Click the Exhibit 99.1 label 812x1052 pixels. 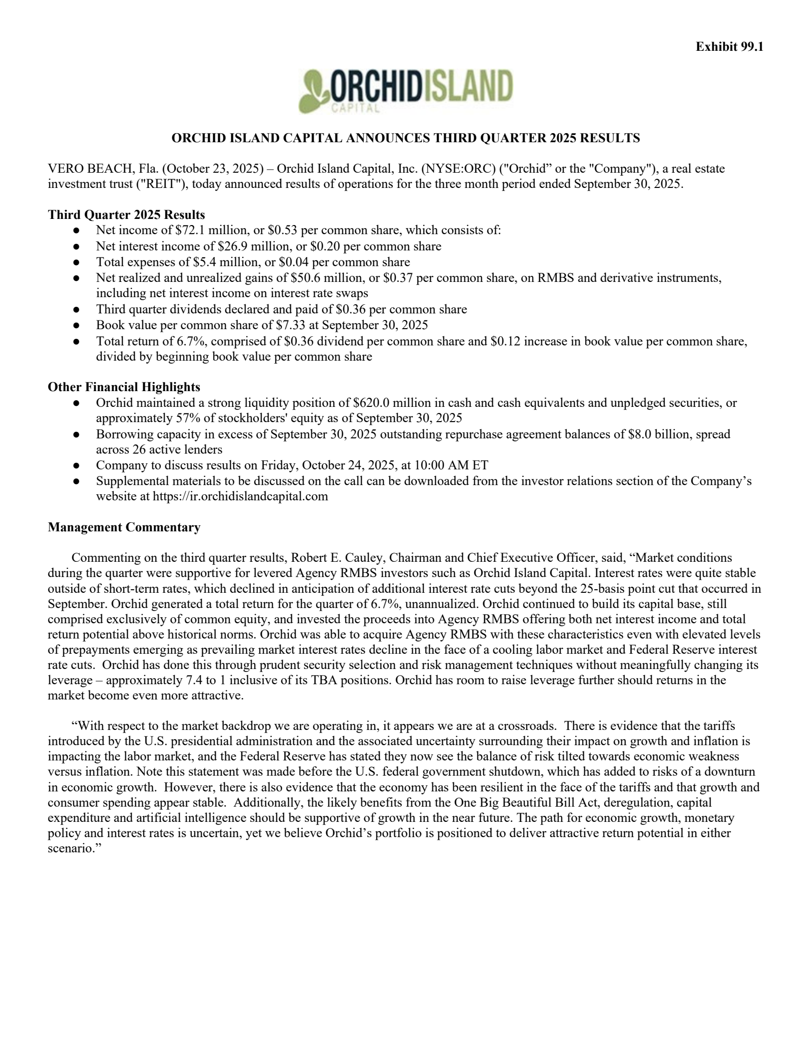(729, 47)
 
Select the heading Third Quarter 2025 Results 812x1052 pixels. (126, 214)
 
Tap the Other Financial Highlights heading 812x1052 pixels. (124, 387)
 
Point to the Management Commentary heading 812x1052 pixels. (124, 527)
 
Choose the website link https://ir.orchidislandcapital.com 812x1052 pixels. (240, 496)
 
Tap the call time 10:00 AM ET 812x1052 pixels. (451, 465)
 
